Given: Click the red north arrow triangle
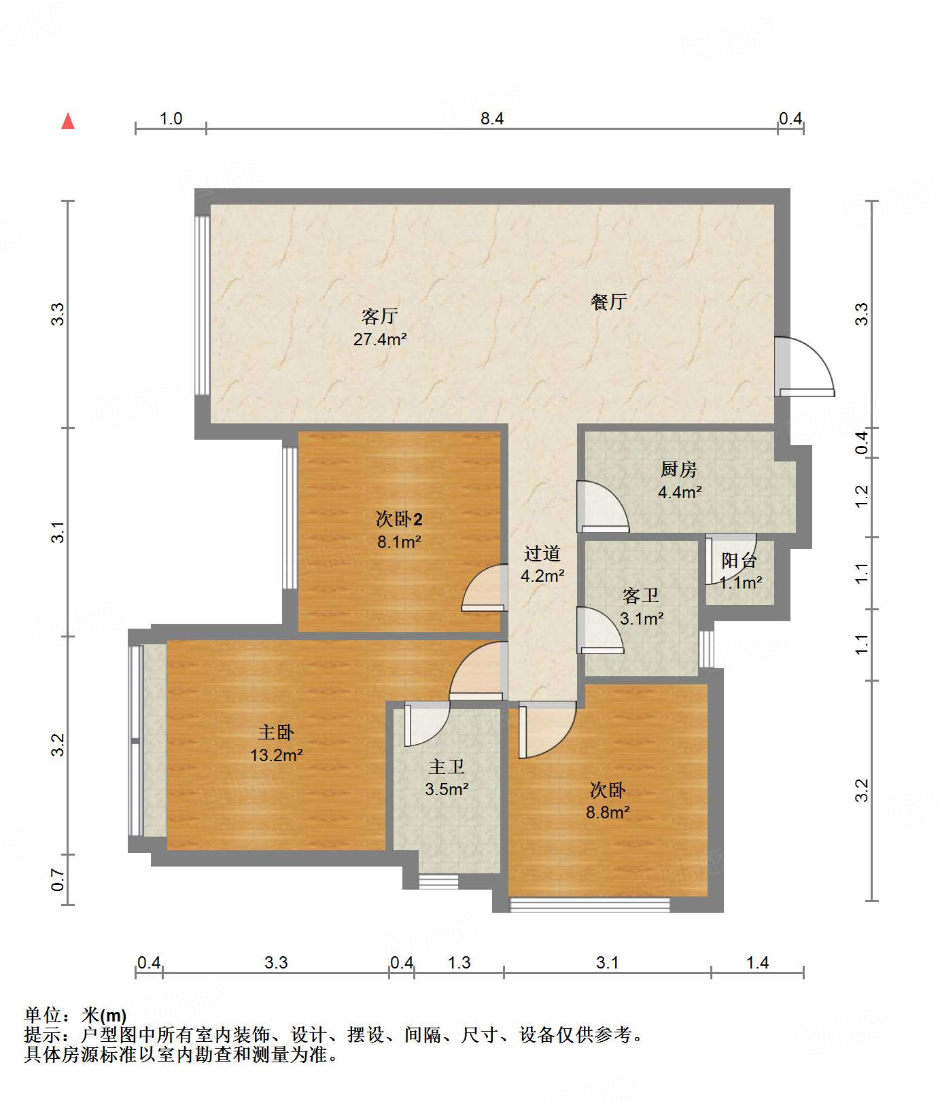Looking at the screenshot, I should coord(68,122).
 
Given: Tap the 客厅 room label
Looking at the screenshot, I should coord(379,317).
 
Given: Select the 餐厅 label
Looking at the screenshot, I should coord(608,302).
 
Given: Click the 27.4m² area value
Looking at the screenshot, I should coord(379,339).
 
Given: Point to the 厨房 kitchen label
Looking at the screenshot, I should coord(678,470).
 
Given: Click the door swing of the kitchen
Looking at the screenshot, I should coord(601,506).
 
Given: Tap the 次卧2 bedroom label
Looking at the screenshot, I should coord(399,520).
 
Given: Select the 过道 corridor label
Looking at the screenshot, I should coord(542,554).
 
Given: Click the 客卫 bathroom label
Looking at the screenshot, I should coord(641,596).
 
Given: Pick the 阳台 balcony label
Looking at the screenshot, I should coord(739,561).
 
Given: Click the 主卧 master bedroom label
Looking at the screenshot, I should coord(276,733).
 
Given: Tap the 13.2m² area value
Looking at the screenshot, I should coord(276,755).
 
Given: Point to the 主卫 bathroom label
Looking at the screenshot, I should coord(447,767).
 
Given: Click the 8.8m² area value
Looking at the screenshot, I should coord(608,812).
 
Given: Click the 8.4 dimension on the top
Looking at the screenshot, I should coord(492,119).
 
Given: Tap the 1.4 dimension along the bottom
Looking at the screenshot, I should coord(757,962).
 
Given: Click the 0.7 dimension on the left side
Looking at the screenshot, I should coord(58,880).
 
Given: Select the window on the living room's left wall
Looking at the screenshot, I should coord(201,305).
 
